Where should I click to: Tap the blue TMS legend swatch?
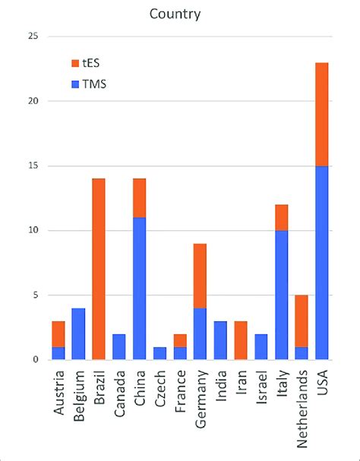pyautogui.click(x=74, y=84)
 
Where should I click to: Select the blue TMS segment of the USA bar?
pyautogui.click(x=321, y=262)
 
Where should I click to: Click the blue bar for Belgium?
pyautogui.click(x=79, y=333)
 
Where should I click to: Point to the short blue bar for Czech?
pyautogui.click(x=160, y=353)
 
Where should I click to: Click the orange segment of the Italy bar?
pyautogui.click(x=281, y=217)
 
